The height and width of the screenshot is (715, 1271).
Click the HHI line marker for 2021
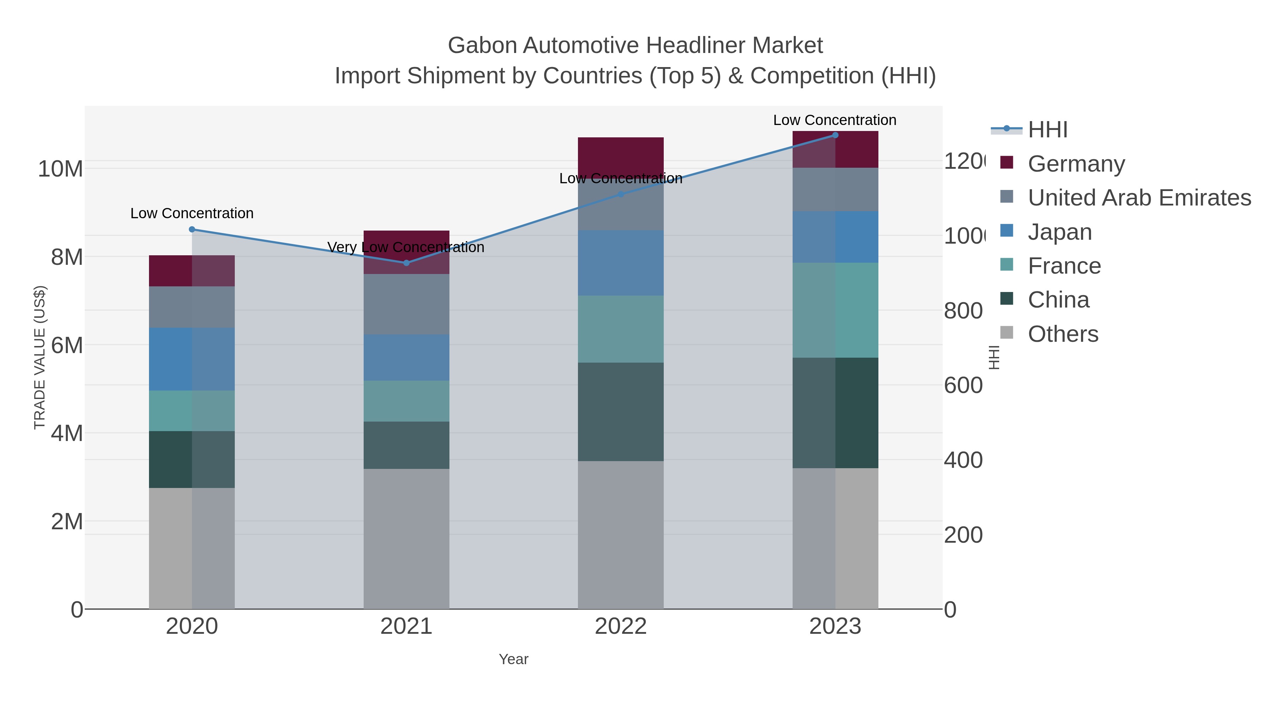click(x=406, y=263)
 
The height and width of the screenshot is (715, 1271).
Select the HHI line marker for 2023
click(x=835, y=135)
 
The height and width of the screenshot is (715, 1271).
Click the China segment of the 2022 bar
click(x=620, y=412)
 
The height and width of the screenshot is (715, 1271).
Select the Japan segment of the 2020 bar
click(x=191, y=359)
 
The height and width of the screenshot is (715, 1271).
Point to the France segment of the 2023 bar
click(x=835, y=310)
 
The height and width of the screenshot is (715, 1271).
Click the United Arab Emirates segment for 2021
click(x=406, y=304)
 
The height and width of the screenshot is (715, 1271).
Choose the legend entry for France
click(x=1064, y=266)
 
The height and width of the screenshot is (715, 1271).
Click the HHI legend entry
click(x=1047, y=130)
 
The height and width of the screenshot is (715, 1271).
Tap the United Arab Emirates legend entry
click(x=1139, y=198)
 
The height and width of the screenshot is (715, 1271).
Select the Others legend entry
click(x=1062, y=334)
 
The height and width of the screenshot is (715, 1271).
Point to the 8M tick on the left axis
click(x=67, y=257)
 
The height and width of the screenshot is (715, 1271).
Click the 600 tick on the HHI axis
click(x=963, y=385)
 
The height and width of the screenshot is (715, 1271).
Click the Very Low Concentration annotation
click(x=406, y=247)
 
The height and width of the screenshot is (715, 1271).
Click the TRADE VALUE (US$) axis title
click(x=40, y=357)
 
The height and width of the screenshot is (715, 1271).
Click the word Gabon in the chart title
click(x=483, y=46)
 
